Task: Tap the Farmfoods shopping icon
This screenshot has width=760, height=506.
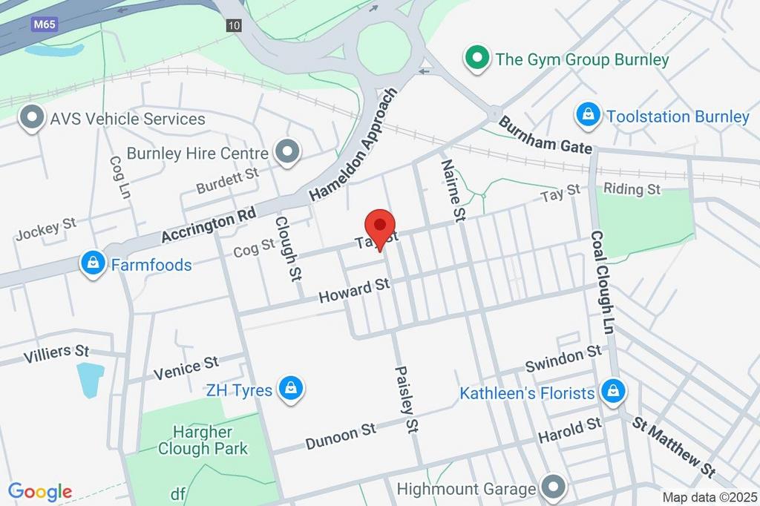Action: pos(94,263)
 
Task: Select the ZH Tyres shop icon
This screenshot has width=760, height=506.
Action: pos(291,388)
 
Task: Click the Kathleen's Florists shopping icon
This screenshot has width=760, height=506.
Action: pos(613,391)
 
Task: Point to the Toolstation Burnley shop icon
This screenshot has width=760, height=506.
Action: pos(588,115)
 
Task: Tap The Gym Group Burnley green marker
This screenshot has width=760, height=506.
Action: pos(476,58)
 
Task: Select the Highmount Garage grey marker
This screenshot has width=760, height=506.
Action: pos(553,487)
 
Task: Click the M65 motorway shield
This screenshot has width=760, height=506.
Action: pos(45,24)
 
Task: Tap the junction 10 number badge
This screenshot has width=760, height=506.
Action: pos(235,25)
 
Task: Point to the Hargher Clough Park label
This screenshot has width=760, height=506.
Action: pos(203,440)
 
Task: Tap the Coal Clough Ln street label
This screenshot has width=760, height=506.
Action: pos(601,282)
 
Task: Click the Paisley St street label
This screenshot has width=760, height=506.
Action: pos(407,399)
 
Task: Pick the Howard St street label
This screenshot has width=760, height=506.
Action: pos(354,290)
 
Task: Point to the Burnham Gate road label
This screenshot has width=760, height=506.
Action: pos(546,136)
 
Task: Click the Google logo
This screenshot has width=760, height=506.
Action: pos(40,491)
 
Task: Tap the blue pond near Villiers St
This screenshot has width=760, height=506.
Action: pos(89,380)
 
